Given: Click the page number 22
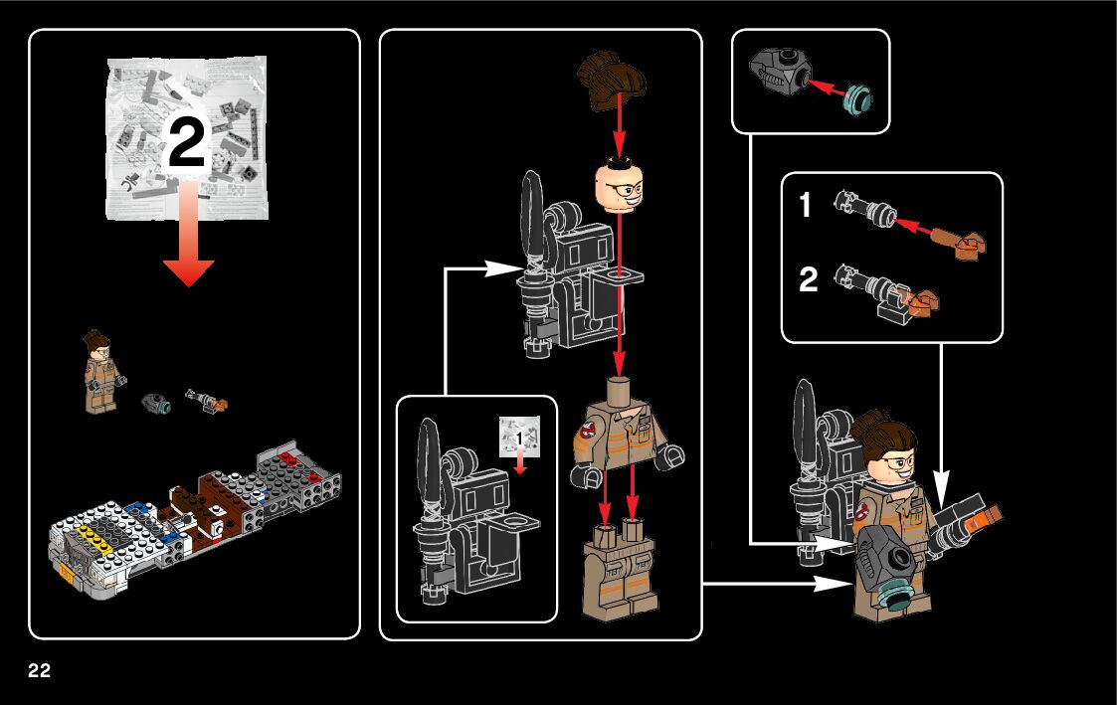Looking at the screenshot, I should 39,669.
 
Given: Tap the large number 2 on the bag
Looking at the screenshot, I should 186,145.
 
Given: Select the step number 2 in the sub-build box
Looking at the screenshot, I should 809,280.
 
